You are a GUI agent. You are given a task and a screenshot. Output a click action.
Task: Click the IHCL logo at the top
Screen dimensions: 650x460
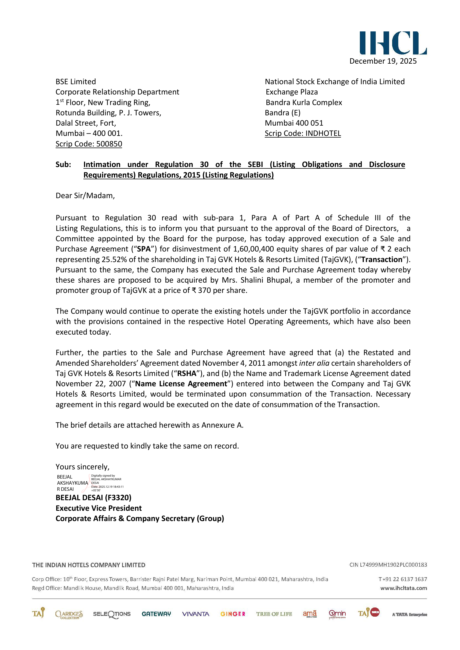[x=393, y=43]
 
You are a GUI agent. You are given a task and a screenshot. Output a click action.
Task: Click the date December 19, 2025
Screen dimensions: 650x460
[x=383, y=61]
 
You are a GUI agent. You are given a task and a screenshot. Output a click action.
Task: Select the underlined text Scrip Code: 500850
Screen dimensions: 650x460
[x=89, y=144]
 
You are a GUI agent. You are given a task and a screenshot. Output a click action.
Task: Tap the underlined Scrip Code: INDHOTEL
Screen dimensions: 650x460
[x=303, y=133]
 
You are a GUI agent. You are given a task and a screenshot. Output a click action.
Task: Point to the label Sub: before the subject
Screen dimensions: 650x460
[x=63, y=165]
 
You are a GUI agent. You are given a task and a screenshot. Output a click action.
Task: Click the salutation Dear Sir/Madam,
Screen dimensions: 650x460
[x=85, y=196]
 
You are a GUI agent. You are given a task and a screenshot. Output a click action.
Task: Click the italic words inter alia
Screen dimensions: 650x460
[x=314, y=363]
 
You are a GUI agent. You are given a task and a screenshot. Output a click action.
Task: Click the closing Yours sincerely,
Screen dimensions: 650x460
[x=82, y=467]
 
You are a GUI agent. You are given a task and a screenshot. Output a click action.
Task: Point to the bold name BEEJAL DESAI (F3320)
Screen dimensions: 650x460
[x=93, y=497]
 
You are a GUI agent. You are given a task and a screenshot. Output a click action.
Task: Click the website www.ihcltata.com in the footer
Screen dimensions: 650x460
[x=403, y=588]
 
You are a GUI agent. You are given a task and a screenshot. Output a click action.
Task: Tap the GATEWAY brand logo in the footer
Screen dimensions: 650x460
[x=156, y=614]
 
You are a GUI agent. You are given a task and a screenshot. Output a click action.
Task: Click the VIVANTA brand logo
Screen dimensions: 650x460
[x=196, y=614]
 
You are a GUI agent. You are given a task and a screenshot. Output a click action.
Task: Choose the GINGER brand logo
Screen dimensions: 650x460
[x=233, y=614]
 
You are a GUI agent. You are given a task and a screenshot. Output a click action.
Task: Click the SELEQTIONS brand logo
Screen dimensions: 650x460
[x=112, y=614]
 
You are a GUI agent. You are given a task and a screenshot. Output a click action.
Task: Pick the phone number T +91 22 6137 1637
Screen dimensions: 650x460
[x=402, y=579]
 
